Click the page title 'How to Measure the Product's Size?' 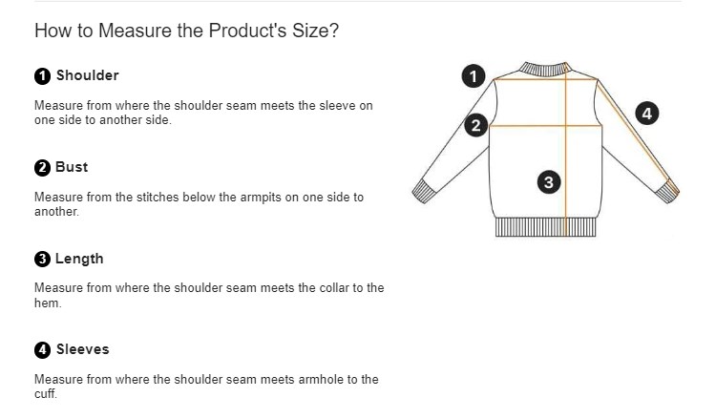186,31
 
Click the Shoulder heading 87,75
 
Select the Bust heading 72,167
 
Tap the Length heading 79,259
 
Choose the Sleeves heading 83,349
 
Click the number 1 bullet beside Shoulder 42,76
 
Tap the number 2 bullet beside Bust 42,168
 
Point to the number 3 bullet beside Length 42,260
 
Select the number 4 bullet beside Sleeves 42,350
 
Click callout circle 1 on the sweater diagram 474,76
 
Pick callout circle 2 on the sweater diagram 475,125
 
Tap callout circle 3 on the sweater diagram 549,182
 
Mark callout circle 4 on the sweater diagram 647,114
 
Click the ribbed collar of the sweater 544,69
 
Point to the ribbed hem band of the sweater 546,227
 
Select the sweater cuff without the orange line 425,191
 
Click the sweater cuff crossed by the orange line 667,191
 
